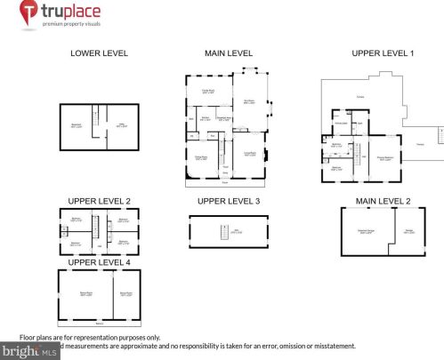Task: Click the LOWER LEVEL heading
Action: tap(99, 53)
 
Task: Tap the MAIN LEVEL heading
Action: tap(229, 53)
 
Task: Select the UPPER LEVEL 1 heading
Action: tap(383, 53)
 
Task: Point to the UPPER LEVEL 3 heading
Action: tap(229, 201)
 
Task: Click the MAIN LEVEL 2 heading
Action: tap(383, 201)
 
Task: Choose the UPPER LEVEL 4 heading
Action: tap(99, 262)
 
